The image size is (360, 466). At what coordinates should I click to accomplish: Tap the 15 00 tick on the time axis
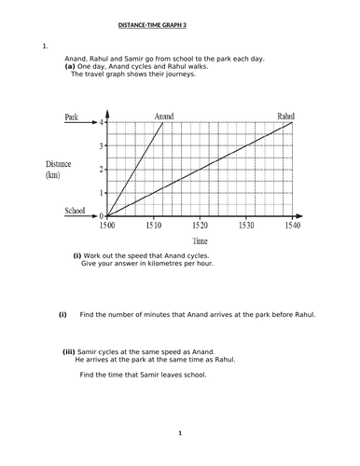tap(108, 226)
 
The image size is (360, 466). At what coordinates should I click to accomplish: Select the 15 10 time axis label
tap(154, 226)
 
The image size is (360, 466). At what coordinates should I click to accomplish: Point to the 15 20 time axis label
tap(200, 226)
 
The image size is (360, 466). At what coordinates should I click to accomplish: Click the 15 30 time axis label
tap(245, 226)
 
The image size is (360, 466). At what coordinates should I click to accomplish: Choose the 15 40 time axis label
tap(291, 226)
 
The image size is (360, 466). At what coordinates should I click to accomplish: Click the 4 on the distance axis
tap(101, 123)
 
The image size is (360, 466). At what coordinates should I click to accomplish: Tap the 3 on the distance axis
tap(101, 146)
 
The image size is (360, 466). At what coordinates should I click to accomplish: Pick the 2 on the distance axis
tap(101, 169)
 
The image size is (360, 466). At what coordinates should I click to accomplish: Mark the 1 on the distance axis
tap(101, 192)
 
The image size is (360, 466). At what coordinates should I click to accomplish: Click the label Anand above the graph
tap(163, 116)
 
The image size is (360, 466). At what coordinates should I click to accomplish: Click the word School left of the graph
tap(76, 212)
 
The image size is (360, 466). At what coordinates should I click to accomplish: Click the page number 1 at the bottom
tap(180, 433)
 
